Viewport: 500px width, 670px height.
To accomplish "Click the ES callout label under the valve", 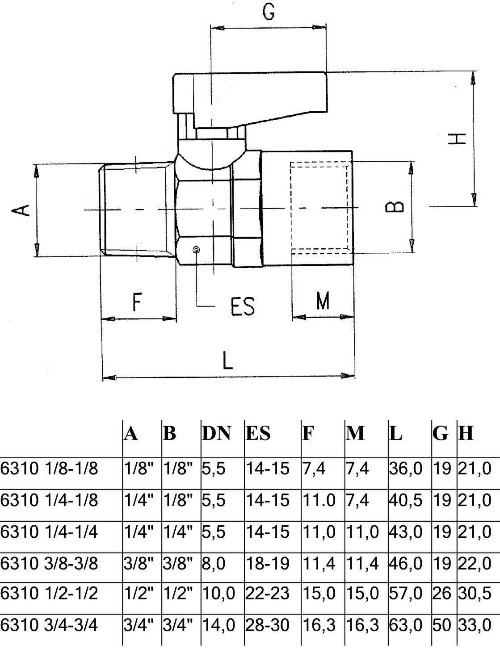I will click(243, 306).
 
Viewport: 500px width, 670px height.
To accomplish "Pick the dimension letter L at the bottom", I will click(228, 360).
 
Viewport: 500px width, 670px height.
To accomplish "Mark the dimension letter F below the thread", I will click(137, 302).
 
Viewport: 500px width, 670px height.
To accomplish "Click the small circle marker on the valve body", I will click(196, 250).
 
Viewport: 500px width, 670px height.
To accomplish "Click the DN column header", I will click(216, 433).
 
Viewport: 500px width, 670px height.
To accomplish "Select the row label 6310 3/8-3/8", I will click(49, 564).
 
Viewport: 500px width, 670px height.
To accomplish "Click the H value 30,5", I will click(474, 593).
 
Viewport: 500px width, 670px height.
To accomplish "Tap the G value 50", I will click(442, 624).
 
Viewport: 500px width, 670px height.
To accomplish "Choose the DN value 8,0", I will click(214, 564).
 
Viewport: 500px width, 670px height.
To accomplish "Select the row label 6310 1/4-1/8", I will click(49, 500).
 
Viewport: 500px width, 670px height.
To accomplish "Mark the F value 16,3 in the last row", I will click(319, 624).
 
